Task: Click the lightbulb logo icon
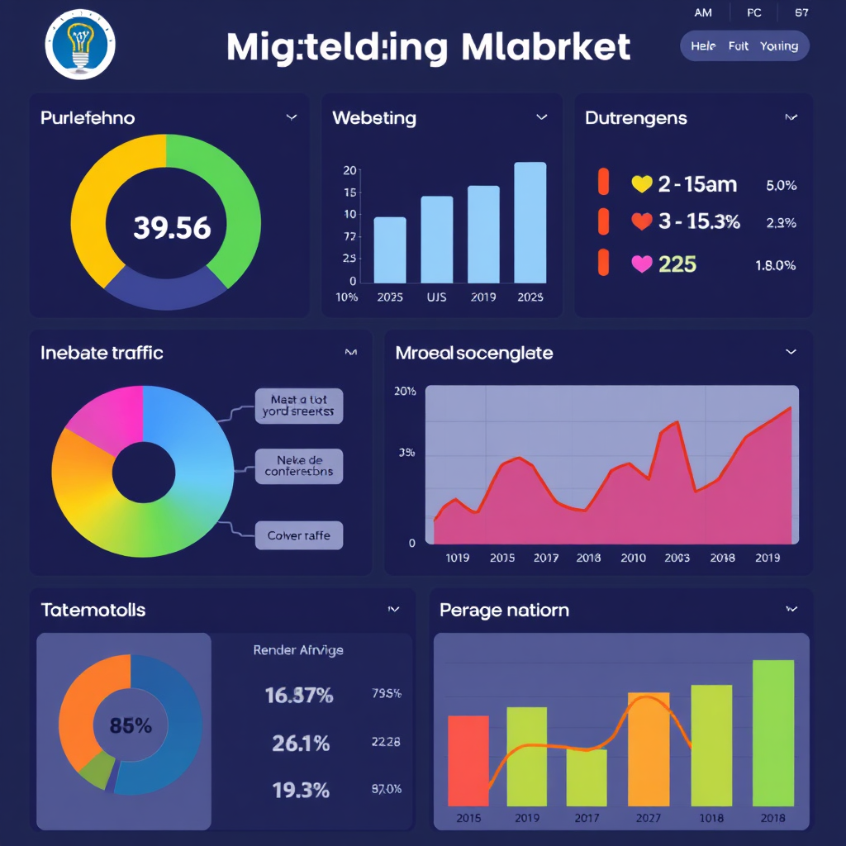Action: [x=80, y=45]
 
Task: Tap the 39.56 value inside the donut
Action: [x=172, y=228]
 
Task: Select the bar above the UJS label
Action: [x=436, y=240]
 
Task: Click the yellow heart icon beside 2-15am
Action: [x=641, y=184]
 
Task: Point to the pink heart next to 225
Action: [x=641, y=264]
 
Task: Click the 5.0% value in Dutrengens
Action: [x=781, y=186]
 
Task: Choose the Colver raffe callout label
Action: [x=298, y=535]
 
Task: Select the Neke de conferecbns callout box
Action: [x=298, y=465]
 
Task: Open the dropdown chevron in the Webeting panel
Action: [x=541, y=117]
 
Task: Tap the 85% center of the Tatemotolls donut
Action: [x=131, y=726]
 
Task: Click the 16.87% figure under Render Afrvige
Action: [x=298, y=696]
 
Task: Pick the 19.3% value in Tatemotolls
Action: [x=301, y=790]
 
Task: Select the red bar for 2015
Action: [x=468, y=760]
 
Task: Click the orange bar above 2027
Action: [x=649, y=748]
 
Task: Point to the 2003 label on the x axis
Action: [x=677, y=558]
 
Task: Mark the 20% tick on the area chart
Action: [x=405, y=392]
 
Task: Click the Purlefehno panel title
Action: [x=88, y=118]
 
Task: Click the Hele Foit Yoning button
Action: [x=744, y=46]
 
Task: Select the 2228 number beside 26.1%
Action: [x=386, y=743]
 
